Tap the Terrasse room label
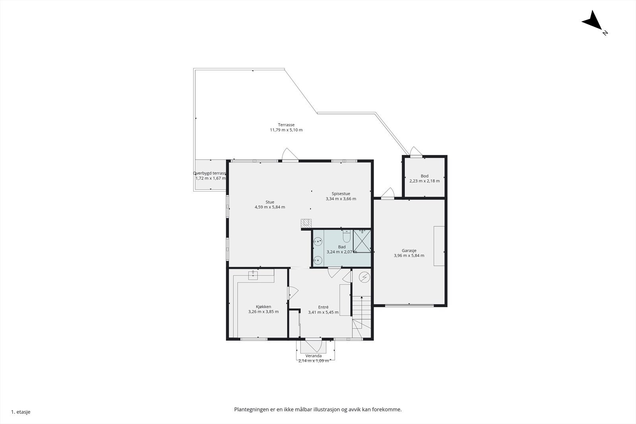pyautogui.click(x=286, y=125)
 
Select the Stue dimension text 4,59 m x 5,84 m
pyautogui.click(x=270, y=207)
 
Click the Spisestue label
pyautogui.click(x=341, y=194)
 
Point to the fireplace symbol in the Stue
pyautogui.click(x=306, y=223)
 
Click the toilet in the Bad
pyautogui.click(x=347, y=236)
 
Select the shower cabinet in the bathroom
pyautogui.click(x=362, y=241)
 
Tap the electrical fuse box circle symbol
pyautogui.click(x=364, y=277)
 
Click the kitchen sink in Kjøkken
pyautogui.click(x=253, y=275)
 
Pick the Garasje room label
pyautogui.click(x=409, y=251)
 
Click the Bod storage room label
pyautogui.click(x=425, y=176)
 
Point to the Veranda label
pyautogui.click(x=314, y=356)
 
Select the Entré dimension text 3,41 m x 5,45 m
pyautogui.click(x=323, y=312)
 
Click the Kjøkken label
pyautogui.click(x=264, y=307)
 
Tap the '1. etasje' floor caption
pyautogui.click(x=21, y=412)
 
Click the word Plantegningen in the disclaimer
pyautogui.click(x=252, y=410)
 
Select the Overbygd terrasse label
pyautogui.click(x=209, y=173)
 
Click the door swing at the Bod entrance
pyautogui.click(x=416, y=151)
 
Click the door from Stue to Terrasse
pyautogui.click(x=290, y=154)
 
